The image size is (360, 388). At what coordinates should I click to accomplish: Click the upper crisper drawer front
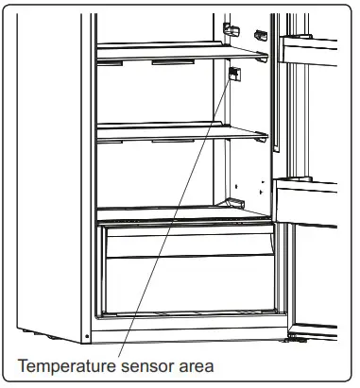pos(189,241)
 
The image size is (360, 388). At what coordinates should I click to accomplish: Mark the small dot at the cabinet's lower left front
pos(87,334)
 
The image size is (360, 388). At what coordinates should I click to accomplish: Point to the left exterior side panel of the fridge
pos(47,170)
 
